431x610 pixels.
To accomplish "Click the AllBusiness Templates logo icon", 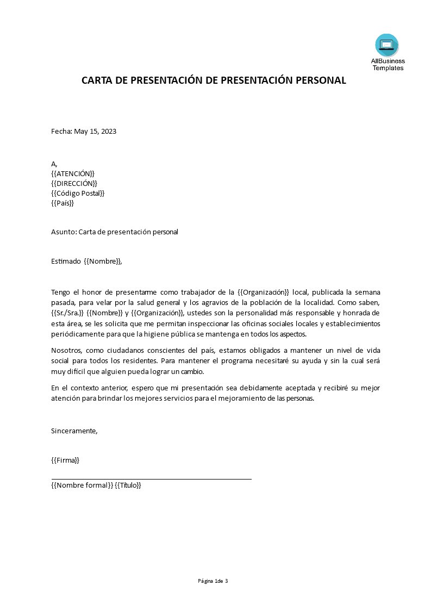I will pos(386,46).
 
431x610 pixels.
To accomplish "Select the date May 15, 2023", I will pos(95,132).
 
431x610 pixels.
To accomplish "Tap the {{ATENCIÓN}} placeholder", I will pos(73,173).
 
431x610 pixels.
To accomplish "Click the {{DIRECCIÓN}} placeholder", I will pos(74,183).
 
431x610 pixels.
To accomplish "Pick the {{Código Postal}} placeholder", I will pos(78,193).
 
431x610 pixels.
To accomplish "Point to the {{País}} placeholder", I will pos(63,203).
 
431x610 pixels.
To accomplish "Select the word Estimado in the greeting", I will pos(66,262).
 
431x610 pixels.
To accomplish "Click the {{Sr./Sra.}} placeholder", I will pos(67,313).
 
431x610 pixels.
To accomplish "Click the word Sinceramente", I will pos(74,431).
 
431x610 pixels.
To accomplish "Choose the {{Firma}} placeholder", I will pos(65,460).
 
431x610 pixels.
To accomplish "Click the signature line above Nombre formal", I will pos(151,479).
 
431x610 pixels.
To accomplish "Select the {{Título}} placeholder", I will pos(128,485).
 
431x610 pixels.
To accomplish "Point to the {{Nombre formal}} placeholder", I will pos(82,485).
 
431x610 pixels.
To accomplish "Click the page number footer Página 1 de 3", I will pos(213,581).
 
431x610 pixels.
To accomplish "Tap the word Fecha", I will pos(61,132).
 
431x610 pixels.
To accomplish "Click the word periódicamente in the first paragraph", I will pos(76,334).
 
